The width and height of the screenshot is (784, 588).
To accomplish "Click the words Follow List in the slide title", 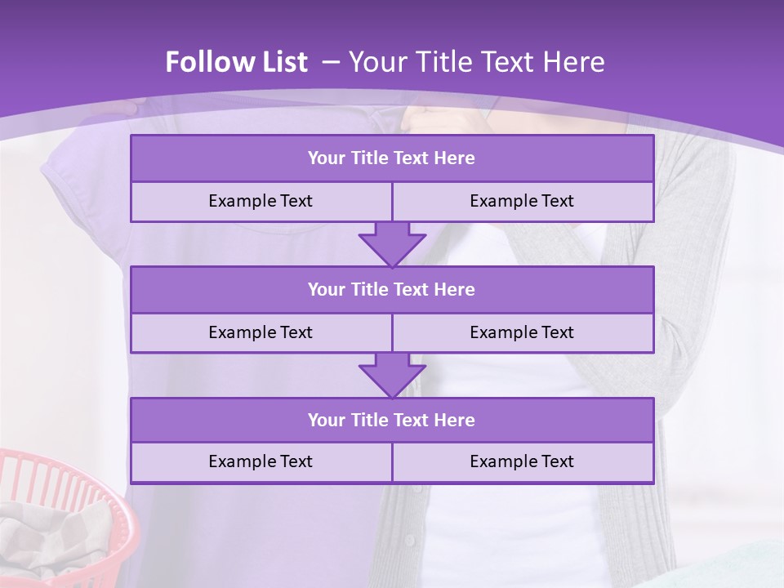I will (236, 62).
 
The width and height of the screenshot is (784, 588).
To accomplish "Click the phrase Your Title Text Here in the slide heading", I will (476, 62).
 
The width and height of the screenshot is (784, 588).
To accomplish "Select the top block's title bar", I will (392, 158).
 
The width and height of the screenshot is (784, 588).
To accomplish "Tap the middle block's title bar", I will (392, 289).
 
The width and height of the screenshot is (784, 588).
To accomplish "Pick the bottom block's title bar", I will (392, 420).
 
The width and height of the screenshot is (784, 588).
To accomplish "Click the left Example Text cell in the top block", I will (261, 201).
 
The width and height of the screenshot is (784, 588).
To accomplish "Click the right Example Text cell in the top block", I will (522, 201).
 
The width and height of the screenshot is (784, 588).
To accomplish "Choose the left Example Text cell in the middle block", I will (261, 332).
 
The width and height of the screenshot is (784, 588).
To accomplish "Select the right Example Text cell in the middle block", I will (522, 332).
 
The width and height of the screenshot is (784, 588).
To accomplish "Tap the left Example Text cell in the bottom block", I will (261, 461).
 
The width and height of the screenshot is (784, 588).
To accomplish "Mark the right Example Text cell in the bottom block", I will (522, 461).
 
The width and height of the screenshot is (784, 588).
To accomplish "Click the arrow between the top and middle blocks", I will (392, 244).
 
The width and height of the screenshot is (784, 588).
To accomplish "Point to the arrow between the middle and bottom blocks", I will (392, 375).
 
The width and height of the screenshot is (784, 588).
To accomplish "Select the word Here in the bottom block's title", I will (455, 420).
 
